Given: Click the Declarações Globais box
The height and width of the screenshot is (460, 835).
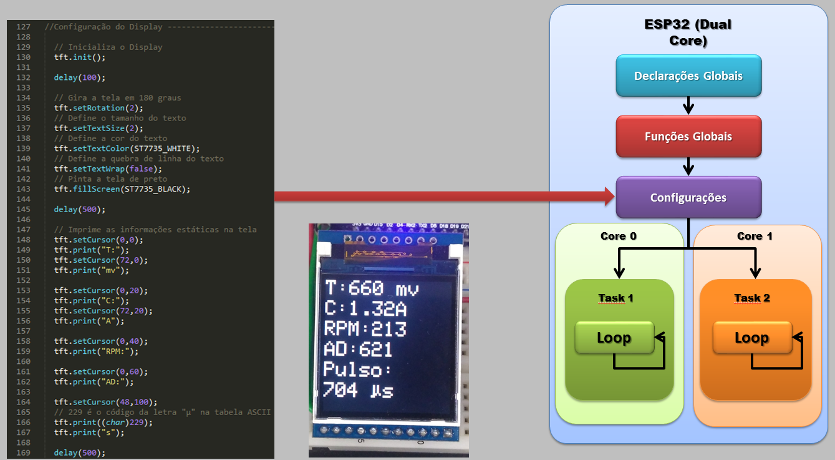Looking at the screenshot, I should tap(688, 76).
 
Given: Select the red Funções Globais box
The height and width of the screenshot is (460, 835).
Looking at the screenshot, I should tap(688, 136).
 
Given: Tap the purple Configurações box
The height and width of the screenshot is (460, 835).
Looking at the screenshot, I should tap(688, 197).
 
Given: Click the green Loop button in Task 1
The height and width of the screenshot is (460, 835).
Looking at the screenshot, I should tap(614, 338).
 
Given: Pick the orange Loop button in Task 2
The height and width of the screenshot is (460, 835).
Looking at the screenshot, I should tap(751, 338).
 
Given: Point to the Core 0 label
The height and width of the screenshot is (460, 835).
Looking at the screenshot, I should tap(619, 236).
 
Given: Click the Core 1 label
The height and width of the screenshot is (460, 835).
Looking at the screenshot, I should tap(755, 236).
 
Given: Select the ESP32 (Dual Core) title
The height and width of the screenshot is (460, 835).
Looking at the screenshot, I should tap(688, 33).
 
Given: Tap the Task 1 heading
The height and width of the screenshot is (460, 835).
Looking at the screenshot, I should tap(615, 298).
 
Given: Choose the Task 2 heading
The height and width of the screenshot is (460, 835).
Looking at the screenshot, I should tap(752, 298).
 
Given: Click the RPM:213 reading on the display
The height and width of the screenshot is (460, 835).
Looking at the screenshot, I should tap(365, 329).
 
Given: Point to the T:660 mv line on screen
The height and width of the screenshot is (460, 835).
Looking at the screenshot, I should tap(372, 289).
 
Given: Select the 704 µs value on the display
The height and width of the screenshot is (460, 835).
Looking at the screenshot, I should tap(358, 391).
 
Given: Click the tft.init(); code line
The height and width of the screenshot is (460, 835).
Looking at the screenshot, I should tap(80, 57).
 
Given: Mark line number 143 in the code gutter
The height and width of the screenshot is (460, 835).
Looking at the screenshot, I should tap(23, 189).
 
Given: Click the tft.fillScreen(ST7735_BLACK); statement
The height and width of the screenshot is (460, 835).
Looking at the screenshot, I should tap(122, 189).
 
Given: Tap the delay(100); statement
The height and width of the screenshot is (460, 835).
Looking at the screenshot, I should tap(80, 77).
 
